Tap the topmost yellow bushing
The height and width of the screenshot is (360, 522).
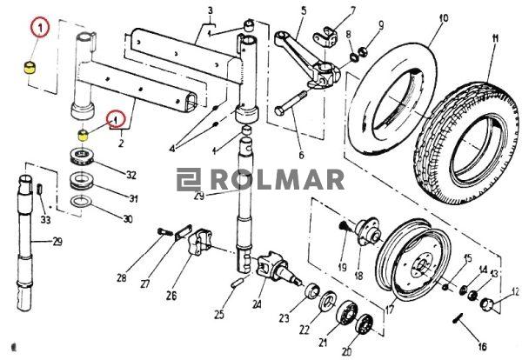point(30,69)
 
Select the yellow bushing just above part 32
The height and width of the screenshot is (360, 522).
point(84,135)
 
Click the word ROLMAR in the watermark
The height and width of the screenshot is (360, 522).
point(278,180)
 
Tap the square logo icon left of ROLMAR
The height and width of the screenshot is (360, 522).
point(189,180)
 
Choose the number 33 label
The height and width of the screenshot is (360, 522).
point(46,220)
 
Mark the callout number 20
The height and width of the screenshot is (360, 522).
point(348,351)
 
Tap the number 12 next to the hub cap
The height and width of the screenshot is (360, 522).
point(515,292)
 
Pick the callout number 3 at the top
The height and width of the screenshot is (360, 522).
point(210,11)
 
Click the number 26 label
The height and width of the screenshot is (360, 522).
point(171,296)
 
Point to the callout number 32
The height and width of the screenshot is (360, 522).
point(131,175)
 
